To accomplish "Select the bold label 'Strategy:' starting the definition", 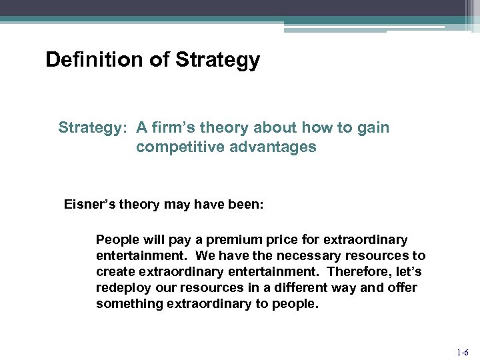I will point(94,127).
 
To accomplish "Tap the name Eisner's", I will point(90,205).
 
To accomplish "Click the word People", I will point(116,239).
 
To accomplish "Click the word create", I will point(114,272).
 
